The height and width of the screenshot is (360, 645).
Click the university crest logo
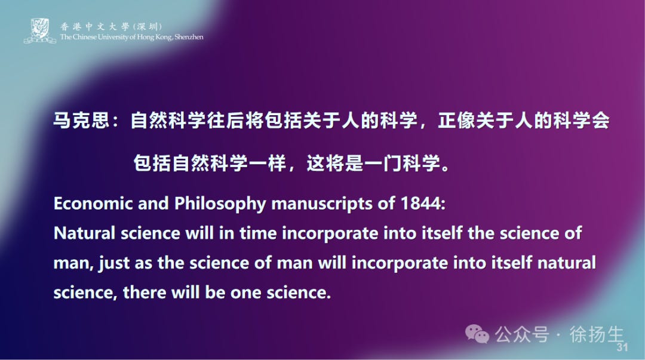click(39, 31)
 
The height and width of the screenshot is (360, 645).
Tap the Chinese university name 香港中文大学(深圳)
click(111, 26)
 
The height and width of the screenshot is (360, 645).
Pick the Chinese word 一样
click(268, 163)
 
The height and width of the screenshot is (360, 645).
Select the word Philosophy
click(221, 203)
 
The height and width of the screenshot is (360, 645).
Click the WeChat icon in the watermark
click(477, 335)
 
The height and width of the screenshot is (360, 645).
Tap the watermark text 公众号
click(521, 335)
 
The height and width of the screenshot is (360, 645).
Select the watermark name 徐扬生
click(597, 334)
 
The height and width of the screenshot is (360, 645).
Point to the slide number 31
click(622, 347)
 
